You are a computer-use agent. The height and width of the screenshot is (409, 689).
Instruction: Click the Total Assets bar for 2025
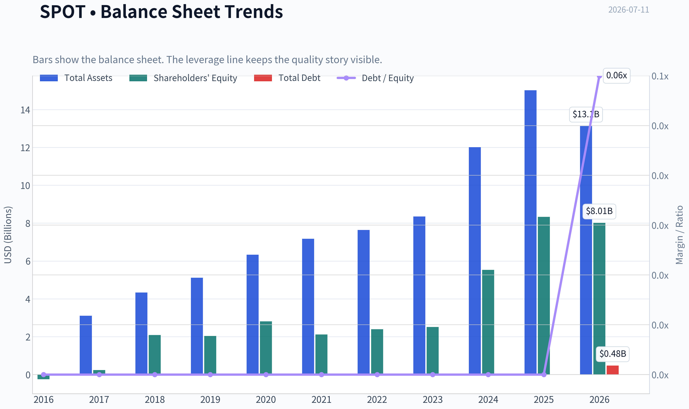(530, 232)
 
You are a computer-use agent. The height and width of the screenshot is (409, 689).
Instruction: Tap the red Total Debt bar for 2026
(612, 370)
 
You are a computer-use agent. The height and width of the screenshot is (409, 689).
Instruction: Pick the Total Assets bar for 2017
(86, 345)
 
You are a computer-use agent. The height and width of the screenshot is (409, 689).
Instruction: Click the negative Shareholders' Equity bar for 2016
(44, 377)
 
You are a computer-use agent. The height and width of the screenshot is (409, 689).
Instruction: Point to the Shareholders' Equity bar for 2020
(266, 348)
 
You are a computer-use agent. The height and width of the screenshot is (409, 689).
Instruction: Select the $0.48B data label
(612, 354)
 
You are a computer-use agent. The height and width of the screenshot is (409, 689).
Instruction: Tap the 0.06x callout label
(616, 75)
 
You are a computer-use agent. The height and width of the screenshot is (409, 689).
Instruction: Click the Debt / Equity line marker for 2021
(321, 375)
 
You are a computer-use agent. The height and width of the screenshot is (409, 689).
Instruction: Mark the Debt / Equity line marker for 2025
(544, 375)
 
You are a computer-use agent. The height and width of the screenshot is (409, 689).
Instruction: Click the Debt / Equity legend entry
(375, 78)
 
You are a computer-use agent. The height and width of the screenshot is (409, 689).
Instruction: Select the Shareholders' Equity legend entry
(183, 78)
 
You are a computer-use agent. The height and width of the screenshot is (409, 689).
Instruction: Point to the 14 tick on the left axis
(25, 110)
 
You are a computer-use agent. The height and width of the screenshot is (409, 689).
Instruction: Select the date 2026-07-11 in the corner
(629, 10)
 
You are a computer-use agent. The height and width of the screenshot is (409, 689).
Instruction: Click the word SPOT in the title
(63, 12)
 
